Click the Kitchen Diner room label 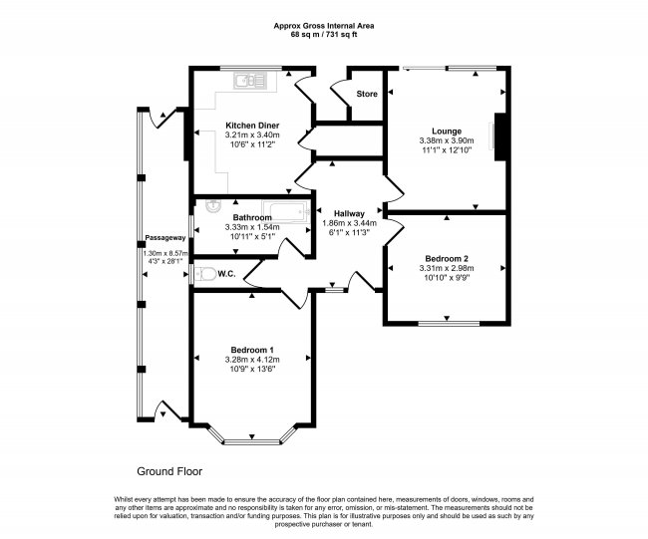click(252, 126)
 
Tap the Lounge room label click(447, 132)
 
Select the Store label click(367, 94)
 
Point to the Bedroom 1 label click(252, 350)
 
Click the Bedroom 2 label click(447, 259)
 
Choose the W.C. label click(226, 273)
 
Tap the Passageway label click(165, 238)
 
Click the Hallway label click(349, 213)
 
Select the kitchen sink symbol click(251, 81)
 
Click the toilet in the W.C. click(205, 273)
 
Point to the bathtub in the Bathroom click(285, 212)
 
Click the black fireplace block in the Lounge click(500, 136)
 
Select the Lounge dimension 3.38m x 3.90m click(447, 140)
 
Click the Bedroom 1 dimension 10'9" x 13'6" click(252, 369)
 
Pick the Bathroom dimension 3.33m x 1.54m click(252, 227)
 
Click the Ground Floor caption click(169, 471)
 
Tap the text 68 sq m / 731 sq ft click(324, 35)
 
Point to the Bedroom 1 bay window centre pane click(252, 442)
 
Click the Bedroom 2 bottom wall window click(449, 323)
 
